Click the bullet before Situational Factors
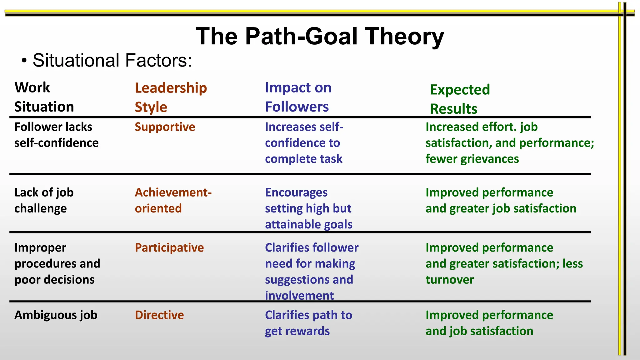[24, 61]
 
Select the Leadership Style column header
[171, 97]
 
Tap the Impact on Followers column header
[298, 97]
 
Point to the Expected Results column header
[460, 99]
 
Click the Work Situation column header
[44, 97]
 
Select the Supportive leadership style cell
[165, 127]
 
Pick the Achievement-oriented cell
[173, 200]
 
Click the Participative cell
[169, 247]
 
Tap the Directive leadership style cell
[159, 315]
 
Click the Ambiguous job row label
[56, 315]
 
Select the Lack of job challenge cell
[44, 200]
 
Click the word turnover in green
[449, 280]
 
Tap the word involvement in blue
[299, 295]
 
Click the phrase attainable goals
[308, 224]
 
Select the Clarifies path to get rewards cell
[308, 323]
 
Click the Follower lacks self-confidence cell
[56, 135]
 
